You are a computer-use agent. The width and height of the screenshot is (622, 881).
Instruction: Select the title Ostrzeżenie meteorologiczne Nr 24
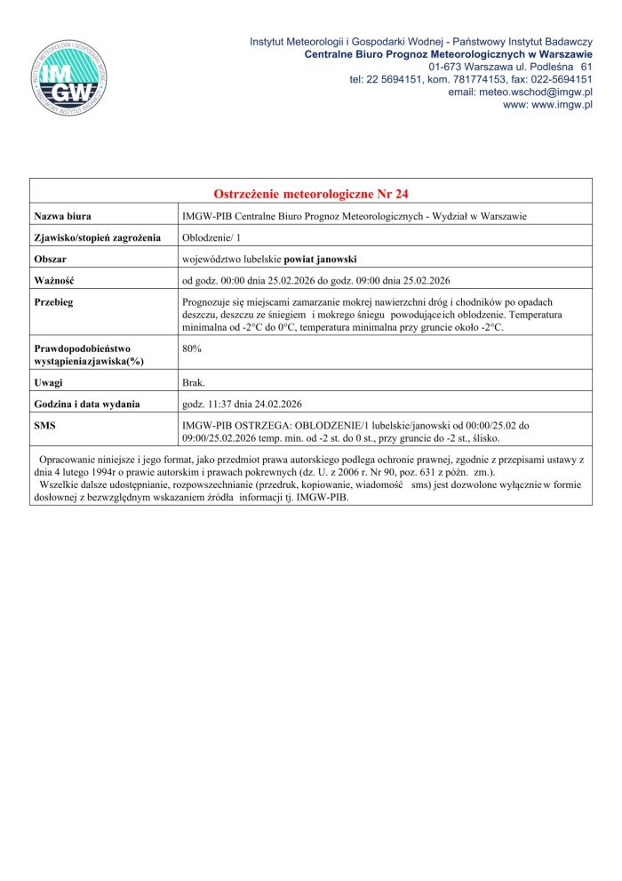(x=311, y=194)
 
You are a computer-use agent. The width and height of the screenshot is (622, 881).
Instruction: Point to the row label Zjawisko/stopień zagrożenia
(x=97, y=237)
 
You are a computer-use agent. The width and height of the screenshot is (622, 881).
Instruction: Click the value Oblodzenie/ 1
(x=205, y=237)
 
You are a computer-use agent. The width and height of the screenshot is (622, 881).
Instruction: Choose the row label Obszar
(x=52, y=260)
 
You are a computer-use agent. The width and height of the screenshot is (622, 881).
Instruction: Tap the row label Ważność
(x=55, y=281)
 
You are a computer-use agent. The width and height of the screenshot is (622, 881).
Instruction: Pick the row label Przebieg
(x=53, y=303)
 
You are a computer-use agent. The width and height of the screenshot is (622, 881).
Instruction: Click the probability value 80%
(x=191, y=348)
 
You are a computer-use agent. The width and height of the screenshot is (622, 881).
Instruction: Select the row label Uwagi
(x=48, y=382)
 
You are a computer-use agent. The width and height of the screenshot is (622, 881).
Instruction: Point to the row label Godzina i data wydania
(x=87, y=404)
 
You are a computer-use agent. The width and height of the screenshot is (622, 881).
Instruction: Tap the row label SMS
(x=45, y=426)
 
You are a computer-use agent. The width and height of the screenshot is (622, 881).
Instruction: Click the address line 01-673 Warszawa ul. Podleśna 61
(x=510, y=67)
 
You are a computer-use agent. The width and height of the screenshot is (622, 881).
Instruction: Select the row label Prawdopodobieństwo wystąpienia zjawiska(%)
(x=89, y=355)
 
